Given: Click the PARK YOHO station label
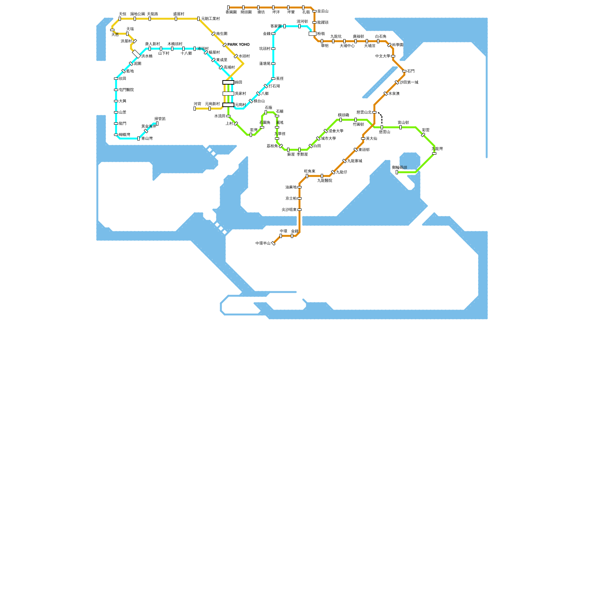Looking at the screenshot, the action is [x=238, y=45].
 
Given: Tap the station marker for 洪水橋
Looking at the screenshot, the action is [x=136, y=54].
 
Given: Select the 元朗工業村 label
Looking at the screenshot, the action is [x=210, y=19].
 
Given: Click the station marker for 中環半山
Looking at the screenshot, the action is [x=273, y=243].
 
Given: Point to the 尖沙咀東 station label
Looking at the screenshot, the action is [x=289, y=210].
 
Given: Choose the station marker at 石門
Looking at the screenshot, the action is [x=404, y=71].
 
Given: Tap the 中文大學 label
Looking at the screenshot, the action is [x=383, y=56].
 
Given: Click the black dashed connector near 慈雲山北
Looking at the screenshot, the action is [x=381, y=118].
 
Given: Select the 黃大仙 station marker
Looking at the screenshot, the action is [x=363, y=139].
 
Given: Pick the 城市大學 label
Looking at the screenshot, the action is [x=328, y=139].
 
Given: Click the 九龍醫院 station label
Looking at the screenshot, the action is [x=325, y=180].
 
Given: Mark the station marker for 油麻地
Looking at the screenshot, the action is [x=299, y=187].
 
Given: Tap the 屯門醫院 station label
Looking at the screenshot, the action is [x=126, y=90].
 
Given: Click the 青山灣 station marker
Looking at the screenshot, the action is [x=139, y=139].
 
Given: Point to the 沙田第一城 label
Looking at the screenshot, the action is [x=409, y=82].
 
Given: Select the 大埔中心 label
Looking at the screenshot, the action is [x=347, y=46].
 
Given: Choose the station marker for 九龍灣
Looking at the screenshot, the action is [x=434, y=153].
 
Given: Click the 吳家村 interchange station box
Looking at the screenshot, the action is [x=228, y=94].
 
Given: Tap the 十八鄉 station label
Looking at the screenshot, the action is [x=186, y=53].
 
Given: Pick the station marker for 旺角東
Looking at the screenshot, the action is [x=307, y=176].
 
